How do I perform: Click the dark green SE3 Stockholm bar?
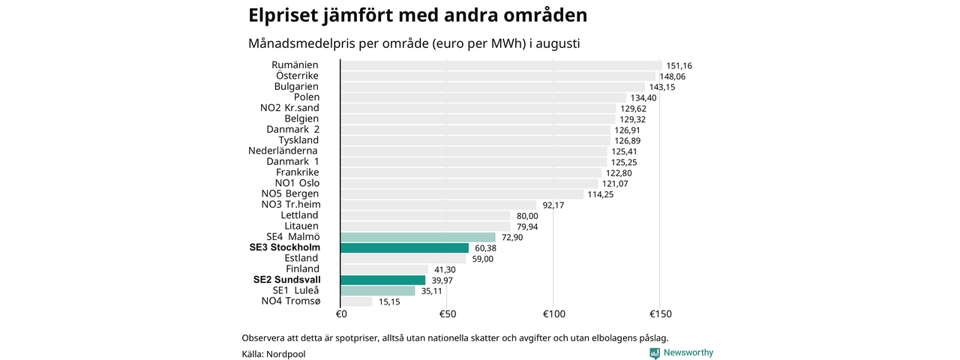(404, 248)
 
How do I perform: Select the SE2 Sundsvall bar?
(383, 280)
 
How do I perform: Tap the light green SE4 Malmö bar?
(418, 238)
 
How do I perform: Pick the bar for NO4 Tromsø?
(356, 301)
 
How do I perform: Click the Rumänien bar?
(502, 65)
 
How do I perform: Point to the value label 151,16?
(679, 66)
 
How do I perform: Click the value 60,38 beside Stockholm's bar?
(485, 248)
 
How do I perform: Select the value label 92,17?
(553, 205)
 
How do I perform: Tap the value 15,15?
(389, 302)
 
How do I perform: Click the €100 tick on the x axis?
(554, 314)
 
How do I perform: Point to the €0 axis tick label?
(341, 314)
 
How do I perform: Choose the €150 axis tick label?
(661, 314)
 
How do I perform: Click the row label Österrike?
(298, 76)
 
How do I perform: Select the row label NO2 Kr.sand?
(289, 108)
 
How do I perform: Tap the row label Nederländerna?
(283, 151)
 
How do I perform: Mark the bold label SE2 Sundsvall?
(287, 280)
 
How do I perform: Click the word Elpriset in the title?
(283, 16)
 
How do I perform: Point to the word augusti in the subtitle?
(557, 44)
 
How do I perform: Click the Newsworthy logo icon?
(655, 353)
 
